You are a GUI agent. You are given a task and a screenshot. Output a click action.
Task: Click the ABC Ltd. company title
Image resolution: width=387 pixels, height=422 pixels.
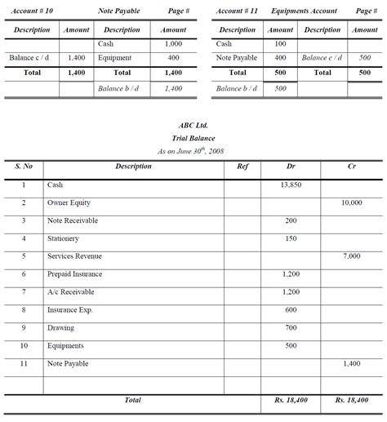[193, 126]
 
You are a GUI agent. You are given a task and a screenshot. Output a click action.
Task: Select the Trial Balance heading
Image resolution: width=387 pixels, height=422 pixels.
[193, 138]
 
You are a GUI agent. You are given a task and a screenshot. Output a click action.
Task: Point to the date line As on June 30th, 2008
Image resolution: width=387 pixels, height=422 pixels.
[193, 151]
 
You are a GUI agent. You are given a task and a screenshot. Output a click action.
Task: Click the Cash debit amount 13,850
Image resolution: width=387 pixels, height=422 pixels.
[291, 185]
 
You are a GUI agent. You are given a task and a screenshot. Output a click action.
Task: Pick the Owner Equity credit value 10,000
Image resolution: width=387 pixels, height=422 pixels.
[351, 202]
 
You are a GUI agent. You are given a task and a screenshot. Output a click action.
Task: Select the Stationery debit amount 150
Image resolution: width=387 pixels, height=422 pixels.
[291, 238]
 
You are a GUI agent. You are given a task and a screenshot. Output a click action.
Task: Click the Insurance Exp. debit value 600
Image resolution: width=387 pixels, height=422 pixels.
[291, 309]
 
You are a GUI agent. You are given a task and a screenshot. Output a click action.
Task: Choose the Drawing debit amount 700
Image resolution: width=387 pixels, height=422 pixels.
[291, 327]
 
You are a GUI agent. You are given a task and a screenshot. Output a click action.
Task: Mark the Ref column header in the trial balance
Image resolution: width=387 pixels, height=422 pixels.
[242, 167]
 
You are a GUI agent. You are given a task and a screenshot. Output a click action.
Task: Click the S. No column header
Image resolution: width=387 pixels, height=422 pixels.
[24, 167]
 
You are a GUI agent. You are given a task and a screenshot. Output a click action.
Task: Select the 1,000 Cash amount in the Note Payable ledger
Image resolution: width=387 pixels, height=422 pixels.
[173, 43]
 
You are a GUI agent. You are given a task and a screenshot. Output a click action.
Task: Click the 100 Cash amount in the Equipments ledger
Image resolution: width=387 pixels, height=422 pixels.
[280, 43]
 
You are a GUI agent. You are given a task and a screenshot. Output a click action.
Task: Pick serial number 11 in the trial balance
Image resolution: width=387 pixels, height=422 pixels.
[24, 363]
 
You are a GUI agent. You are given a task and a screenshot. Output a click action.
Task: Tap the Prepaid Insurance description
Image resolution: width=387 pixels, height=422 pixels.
[74, 274]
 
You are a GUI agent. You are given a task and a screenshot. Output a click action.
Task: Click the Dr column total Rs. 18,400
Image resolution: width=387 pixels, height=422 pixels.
[291, 401]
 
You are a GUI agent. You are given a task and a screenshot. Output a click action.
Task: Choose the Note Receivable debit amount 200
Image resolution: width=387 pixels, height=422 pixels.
[291, 220]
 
